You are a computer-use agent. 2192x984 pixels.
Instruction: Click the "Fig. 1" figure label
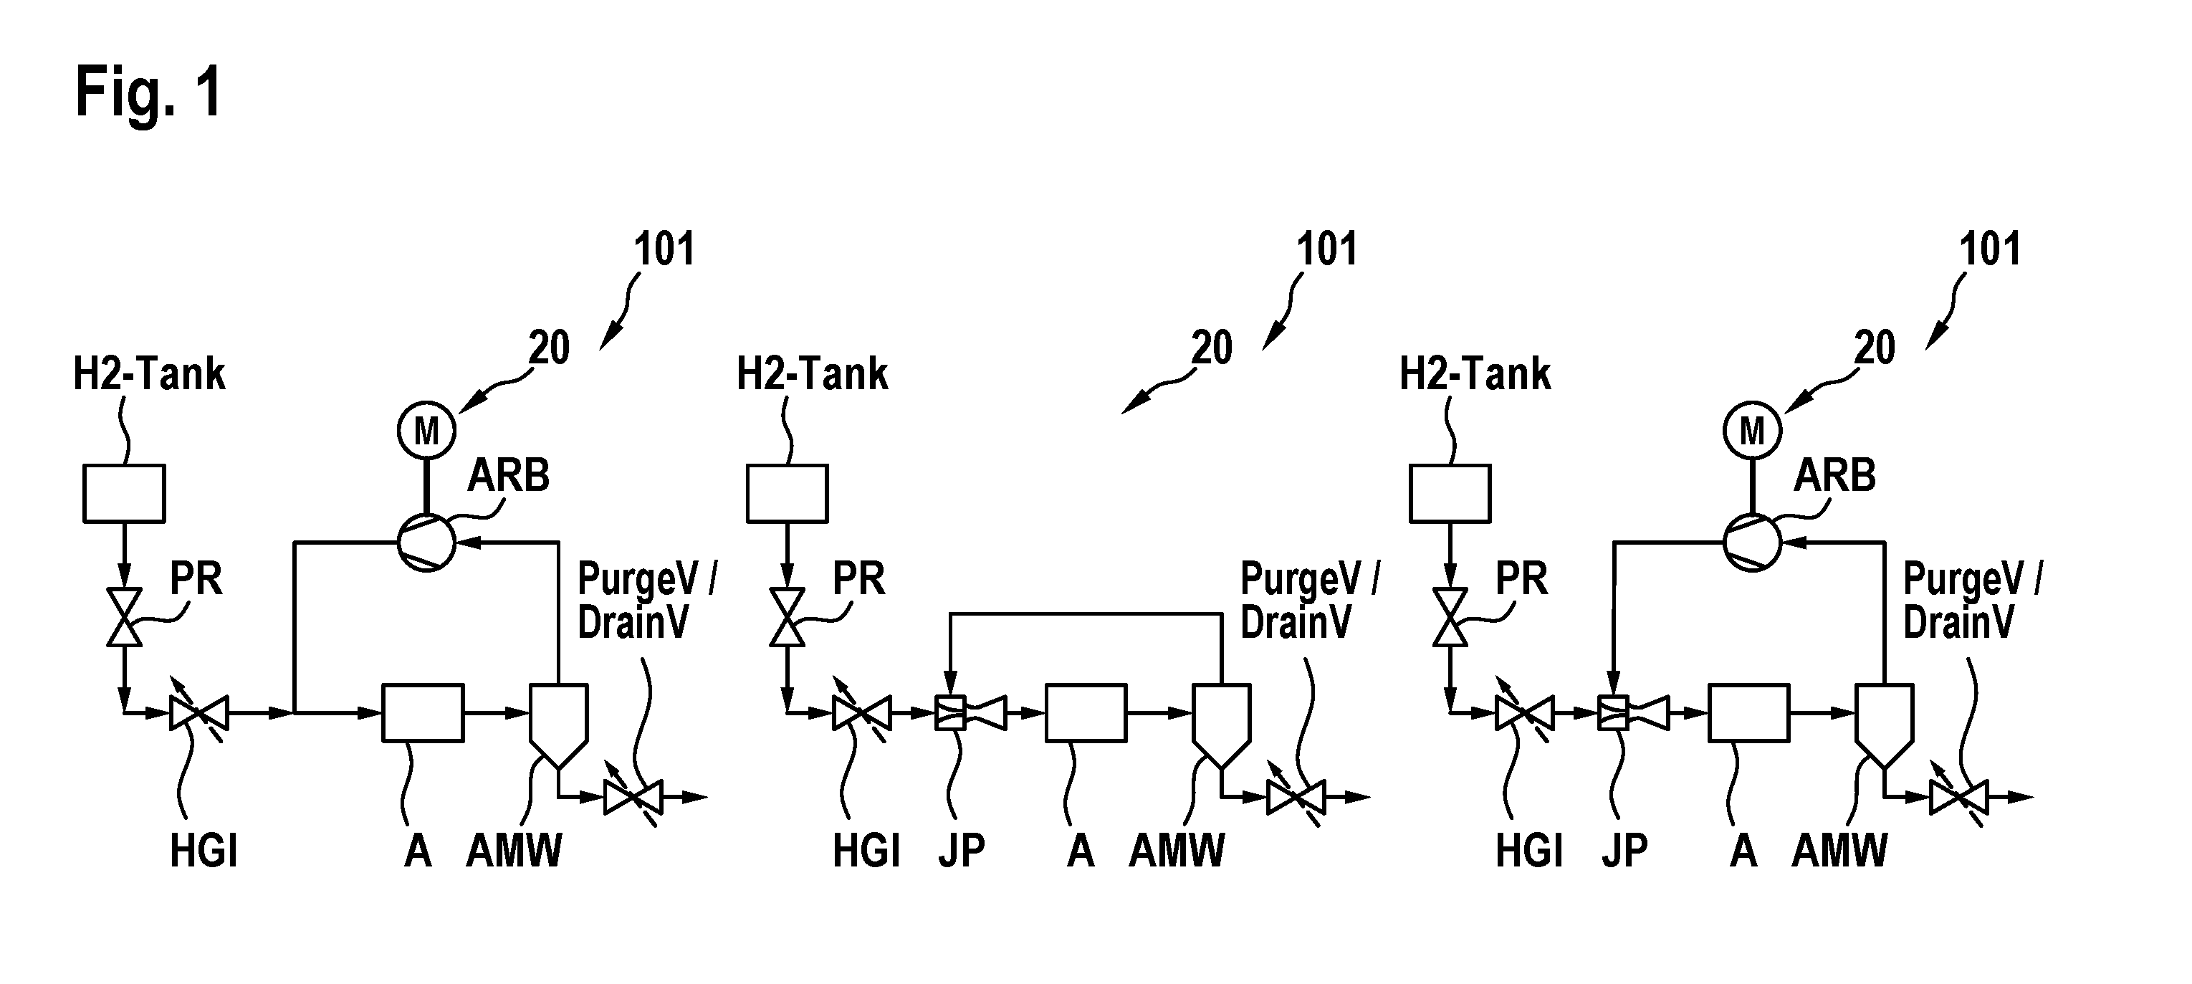pos(149,92)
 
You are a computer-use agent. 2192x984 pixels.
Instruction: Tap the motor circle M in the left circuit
pos(426,431)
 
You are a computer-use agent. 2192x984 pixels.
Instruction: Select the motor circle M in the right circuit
pos(1752,431)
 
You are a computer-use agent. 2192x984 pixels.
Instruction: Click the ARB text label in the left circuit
pos(508,475)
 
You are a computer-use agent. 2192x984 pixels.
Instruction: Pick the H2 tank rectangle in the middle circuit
pos(787,493)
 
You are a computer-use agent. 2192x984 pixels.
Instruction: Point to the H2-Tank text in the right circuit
pos(1475,373)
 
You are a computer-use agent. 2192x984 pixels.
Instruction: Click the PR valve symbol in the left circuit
pos(124,617)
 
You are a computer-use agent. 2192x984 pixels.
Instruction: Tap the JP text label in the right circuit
pos(1624,849)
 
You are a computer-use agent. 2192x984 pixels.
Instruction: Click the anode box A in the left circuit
pos(423,712)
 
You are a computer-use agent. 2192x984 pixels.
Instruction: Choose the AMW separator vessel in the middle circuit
pos(1221,726)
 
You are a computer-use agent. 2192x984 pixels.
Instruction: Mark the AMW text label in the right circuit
pos(1839,849)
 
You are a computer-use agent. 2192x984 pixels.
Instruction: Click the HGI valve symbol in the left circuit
pos(198,712)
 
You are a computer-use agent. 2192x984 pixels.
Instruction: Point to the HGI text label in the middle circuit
pos(866,849)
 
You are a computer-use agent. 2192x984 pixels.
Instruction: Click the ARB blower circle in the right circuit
pos(1752,541)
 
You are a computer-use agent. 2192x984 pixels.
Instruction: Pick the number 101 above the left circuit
pos(664,249)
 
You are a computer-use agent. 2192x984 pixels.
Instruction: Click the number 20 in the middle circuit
pos(1212,348)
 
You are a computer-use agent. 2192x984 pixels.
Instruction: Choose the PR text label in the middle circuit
pos(858,579)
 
